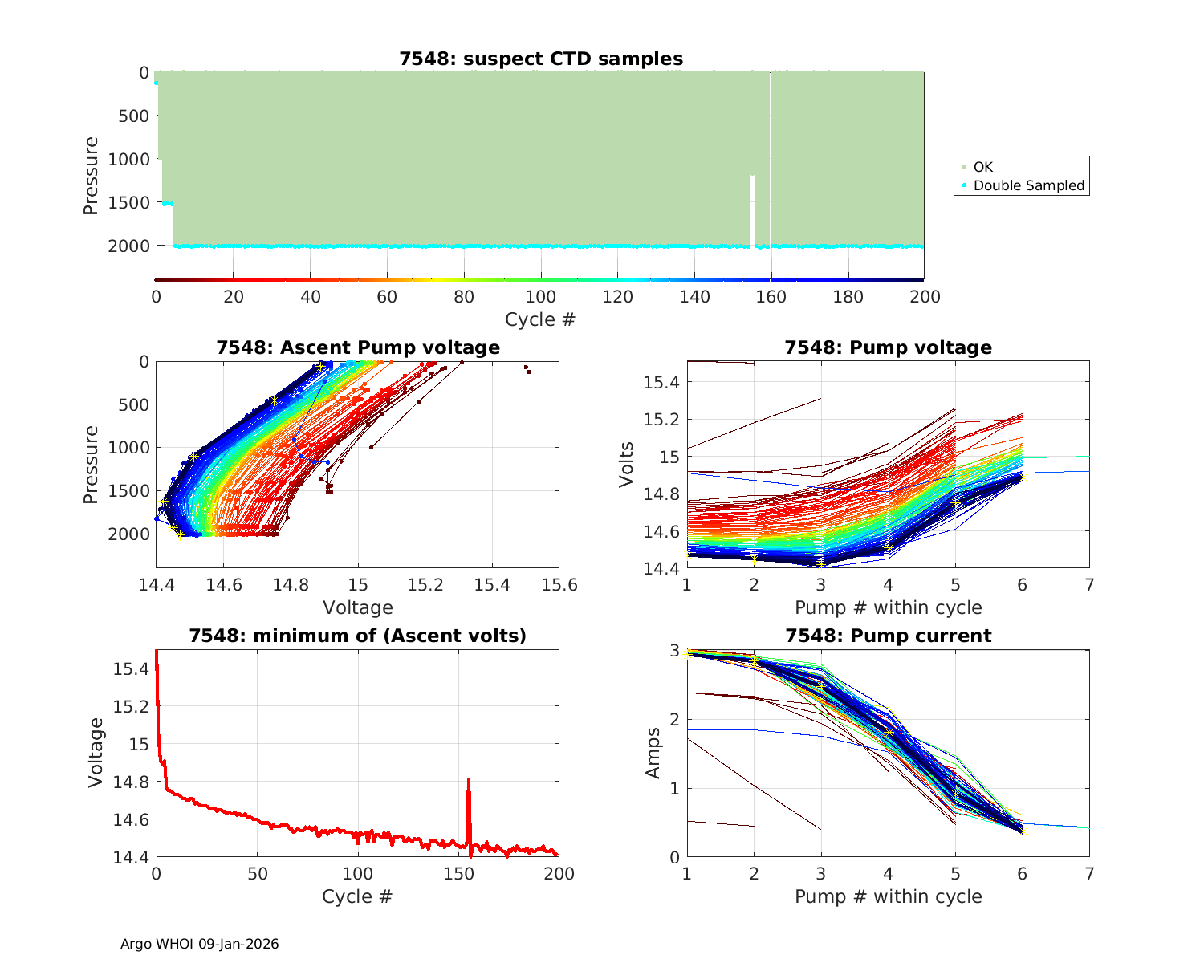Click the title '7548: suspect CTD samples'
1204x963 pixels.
[x=541, y=59]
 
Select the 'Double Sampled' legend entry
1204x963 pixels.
[x=1028, y=185]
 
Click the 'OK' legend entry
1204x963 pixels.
[x=982, y=167]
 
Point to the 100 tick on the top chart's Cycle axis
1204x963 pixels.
[x=541, y=297]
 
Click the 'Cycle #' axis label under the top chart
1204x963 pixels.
[x=540, y=319]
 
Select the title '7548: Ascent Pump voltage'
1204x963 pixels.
[x=358, y=347]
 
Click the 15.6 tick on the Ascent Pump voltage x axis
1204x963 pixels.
[x=559, y=584]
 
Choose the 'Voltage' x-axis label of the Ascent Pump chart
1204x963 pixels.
[x=358, y=607]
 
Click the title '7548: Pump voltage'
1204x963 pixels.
[x=889, y=347]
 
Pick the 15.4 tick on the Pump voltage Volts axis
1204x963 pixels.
[x=663, y=382]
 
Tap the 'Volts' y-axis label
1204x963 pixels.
[x=627, y=464]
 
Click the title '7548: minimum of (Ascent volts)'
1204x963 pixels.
[x=358, y=636]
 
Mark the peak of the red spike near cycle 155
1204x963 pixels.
[x=468, y=780]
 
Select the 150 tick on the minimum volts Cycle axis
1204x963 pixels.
[x=459, y=873]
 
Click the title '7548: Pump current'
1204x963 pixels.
[x=889, y=636]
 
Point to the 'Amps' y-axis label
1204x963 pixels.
[x=653, y=753]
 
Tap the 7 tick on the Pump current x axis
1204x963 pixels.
[x=1089, y=873]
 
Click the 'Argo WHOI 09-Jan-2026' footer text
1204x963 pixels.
[x=200, y=944]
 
